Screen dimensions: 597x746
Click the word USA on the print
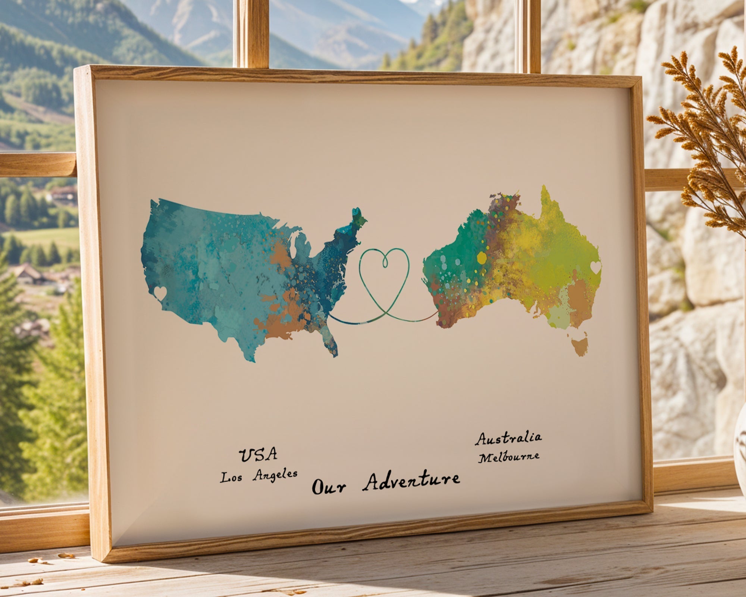[x=258, y=455]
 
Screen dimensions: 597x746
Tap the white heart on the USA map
[x=160, y=293]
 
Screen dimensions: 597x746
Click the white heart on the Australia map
[x=596, y=267]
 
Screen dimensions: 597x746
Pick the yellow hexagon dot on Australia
[x=482, y=257]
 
